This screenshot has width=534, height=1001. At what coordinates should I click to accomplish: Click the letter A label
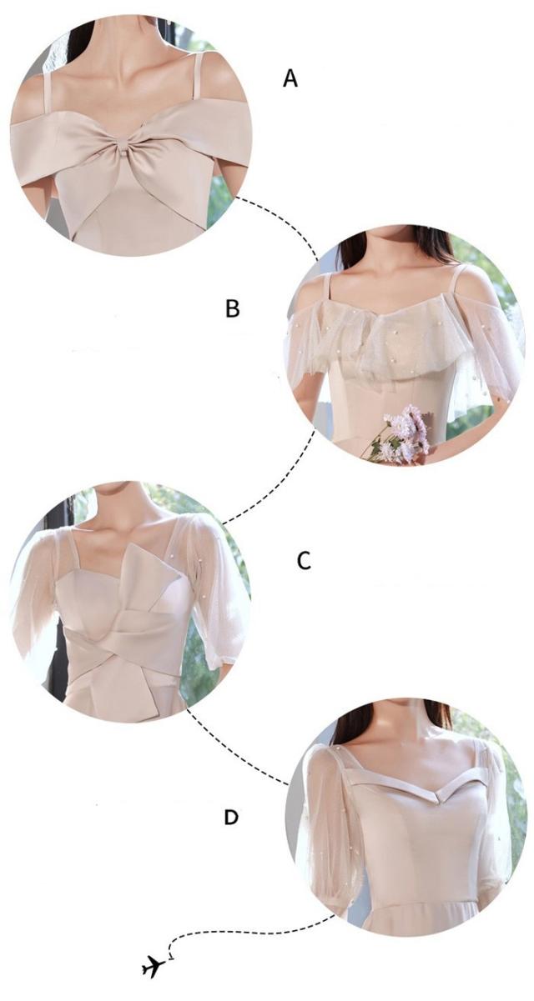click(290, 78)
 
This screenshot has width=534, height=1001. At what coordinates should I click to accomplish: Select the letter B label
click(233, 308)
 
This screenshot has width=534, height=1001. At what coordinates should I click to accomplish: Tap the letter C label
click(304, 560)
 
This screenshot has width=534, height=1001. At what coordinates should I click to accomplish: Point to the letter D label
click(231, 817)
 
